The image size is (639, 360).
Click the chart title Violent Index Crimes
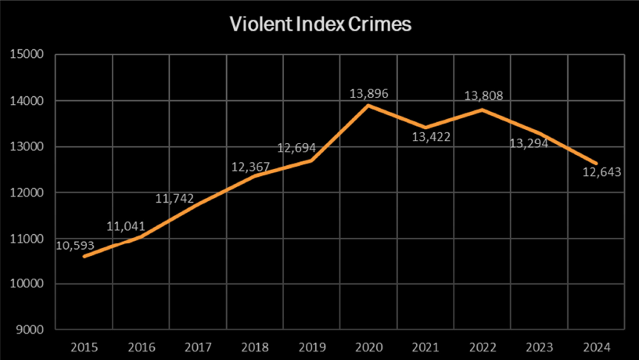click(x=320, y=24)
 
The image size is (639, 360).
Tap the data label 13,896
click(x=368, y=94)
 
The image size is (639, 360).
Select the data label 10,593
click(x=75, y=245)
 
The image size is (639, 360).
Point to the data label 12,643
click(x=601, y=172)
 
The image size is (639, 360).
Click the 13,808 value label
click(x=483, y=96)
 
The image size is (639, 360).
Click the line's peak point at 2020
click(x=368, y=106)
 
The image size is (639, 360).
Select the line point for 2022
click(x=483, y=110)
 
